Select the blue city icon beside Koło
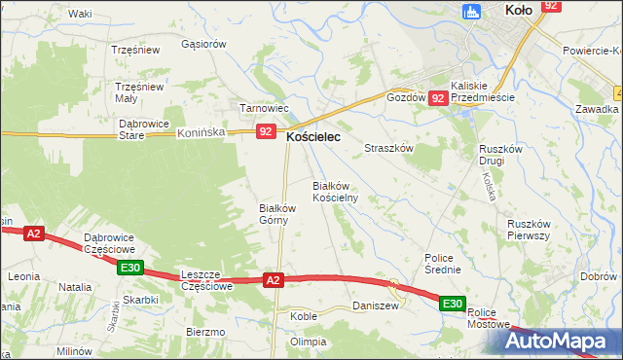pos(473,12)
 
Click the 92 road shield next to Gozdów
pos(438,98)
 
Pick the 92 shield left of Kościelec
pos(266,131)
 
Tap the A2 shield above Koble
pos(274,280)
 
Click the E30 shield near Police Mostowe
pos(452,305)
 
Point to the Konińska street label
pos(202,134)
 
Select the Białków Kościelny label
pos(335,191)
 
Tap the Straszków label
pos(389,148)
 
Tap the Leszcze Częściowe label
pos(206,281)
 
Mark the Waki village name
pos(81,14)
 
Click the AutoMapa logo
pos(560,342)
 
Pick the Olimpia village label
pos(308,342)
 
